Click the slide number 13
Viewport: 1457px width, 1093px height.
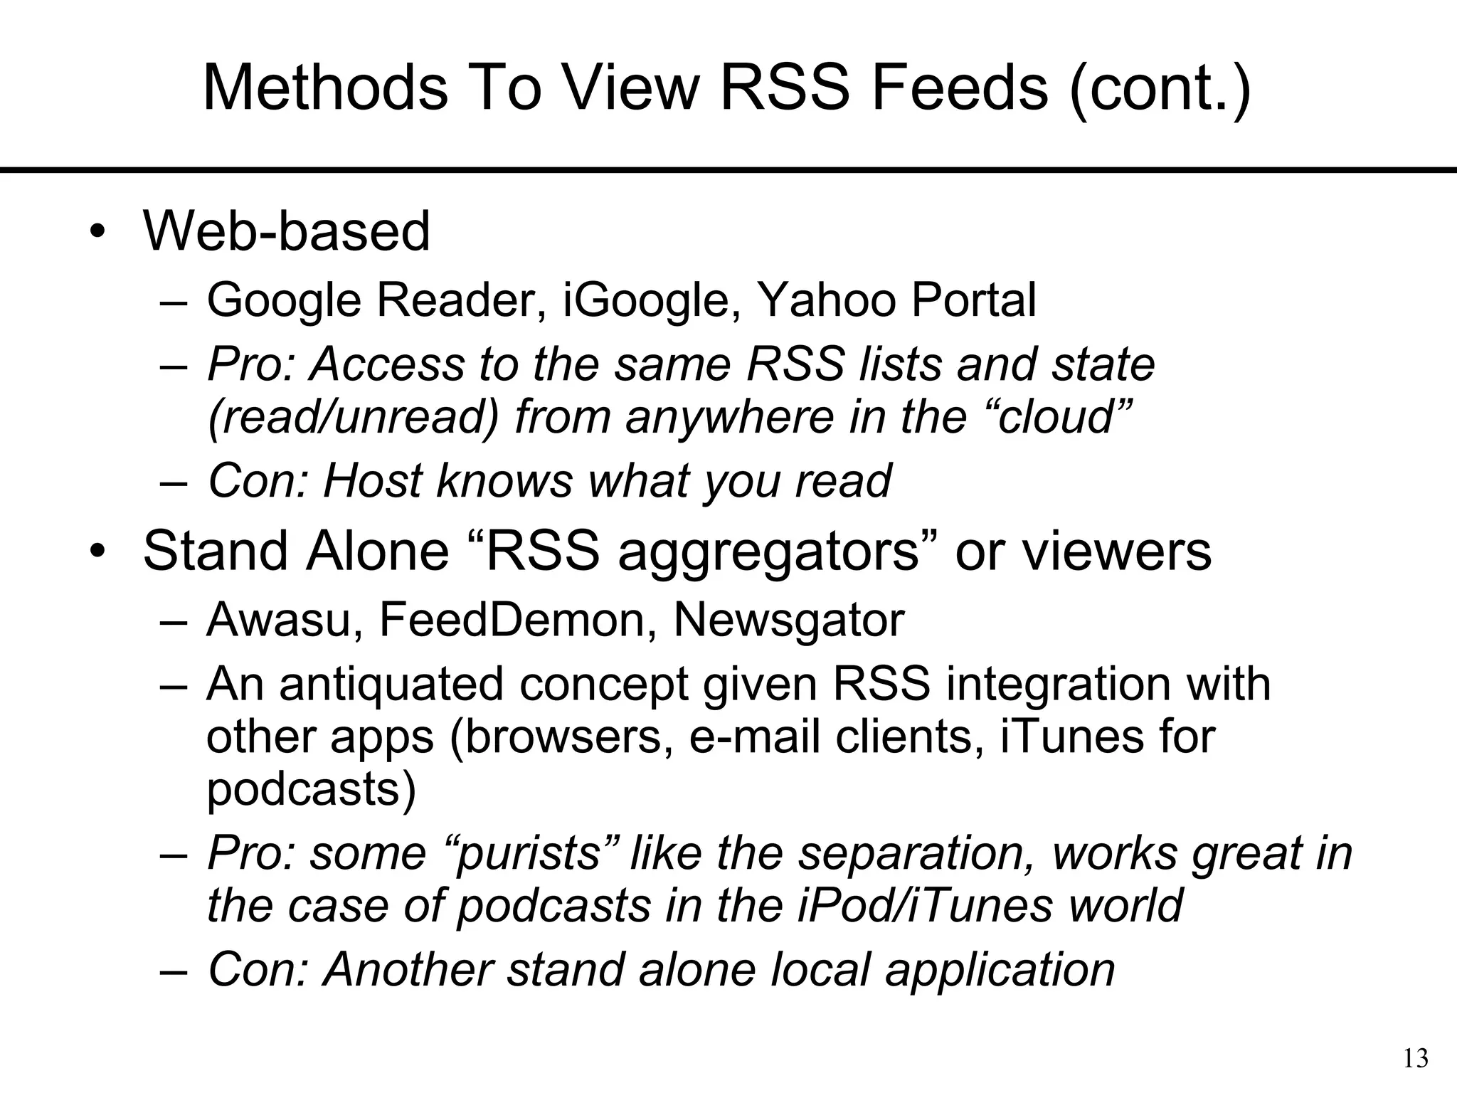[1416, 1059]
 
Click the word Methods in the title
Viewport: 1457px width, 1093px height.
[325, 88]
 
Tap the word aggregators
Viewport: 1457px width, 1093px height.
[769, 551]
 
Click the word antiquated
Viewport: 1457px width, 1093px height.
[391, 684]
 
